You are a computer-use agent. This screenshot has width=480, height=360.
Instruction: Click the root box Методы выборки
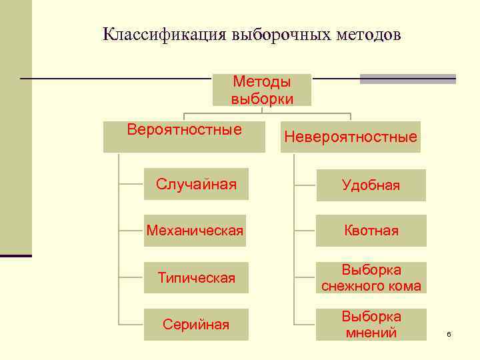coord(262,90)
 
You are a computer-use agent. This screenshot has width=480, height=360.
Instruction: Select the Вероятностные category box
coord(184,136)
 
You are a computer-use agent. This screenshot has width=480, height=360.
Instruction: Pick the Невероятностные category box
coord(351,137)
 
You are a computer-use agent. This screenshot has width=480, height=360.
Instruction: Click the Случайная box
coord(196,185)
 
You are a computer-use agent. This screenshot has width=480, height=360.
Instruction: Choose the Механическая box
coord(195,231)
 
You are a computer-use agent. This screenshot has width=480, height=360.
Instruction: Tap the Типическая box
coord(196,278)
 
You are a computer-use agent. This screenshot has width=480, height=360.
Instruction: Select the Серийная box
coord(196,325)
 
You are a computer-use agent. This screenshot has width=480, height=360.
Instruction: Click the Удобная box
coord(371,185)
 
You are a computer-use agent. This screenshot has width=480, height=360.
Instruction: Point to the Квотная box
coord(371,231)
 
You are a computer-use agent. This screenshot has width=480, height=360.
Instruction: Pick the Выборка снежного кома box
coord(371,278)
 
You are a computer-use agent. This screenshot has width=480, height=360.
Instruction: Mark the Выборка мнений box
coord(371,325)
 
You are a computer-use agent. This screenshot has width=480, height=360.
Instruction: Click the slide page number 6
coord(449,333)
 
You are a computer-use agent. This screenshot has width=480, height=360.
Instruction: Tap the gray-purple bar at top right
coord(407,79)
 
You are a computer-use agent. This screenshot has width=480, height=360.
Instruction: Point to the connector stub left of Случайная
coord(131,184)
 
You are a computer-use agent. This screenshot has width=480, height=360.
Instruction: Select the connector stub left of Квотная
coord(304,231)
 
